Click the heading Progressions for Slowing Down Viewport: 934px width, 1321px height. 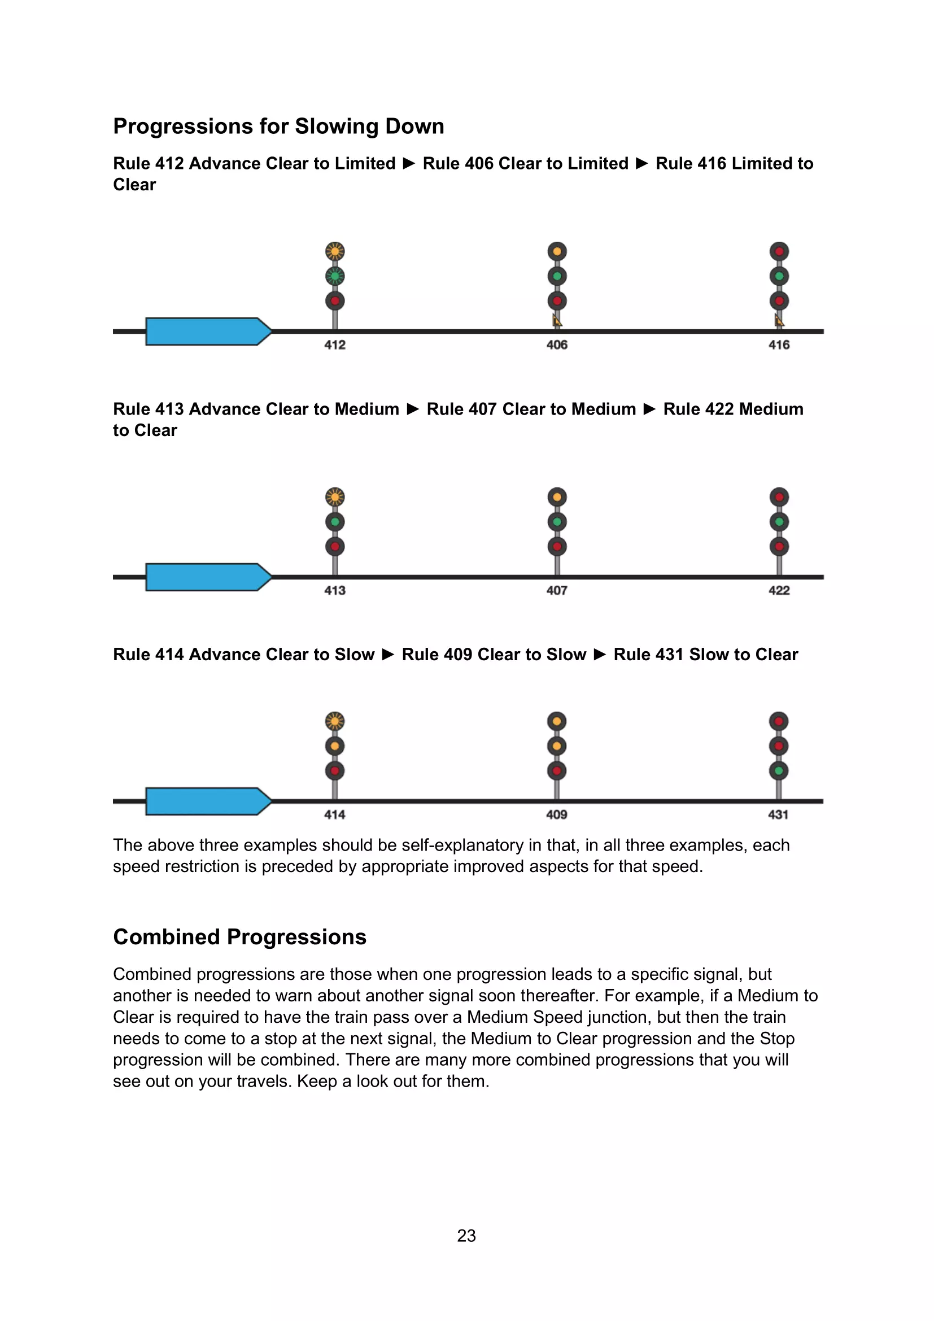[x=279, y=127]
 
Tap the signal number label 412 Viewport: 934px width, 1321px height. [x=335, y=345]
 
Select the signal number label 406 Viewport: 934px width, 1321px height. [x=557, y=345]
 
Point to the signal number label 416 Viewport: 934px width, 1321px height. [x=779, y=345]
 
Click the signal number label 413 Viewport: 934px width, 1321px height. [x=335, y=590]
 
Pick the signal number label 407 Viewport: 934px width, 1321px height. [x=557, y=590]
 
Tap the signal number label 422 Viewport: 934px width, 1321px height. [x=779, y=590]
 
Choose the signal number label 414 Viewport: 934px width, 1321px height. [x=335, y=814]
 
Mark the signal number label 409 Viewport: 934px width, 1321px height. [x=557, y=814]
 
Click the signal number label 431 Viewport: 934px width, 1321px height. [x=778, y=814]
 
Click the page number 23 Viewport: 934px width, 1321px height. [x=466, y=1235]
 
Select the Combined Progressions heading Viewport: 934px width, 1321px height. [x=240, y=936]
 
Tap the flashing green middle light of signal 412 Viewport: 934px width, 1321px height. [x=335, y=276]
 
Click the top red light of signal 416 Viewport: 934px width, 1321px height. [x=779, y=251]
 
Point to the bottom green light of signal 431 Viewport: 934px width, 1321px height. [x=778, y=770]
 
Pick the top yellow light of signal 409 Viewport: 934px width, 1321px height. [x=557, y=721]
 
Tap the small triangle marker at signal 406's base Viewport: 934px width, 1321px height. [x=557, y=320]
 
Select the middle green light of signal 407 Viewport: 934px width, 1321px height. [x=557, y=522]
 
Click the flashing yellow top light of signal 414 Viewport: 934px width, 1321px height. [x=335, y=721]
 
